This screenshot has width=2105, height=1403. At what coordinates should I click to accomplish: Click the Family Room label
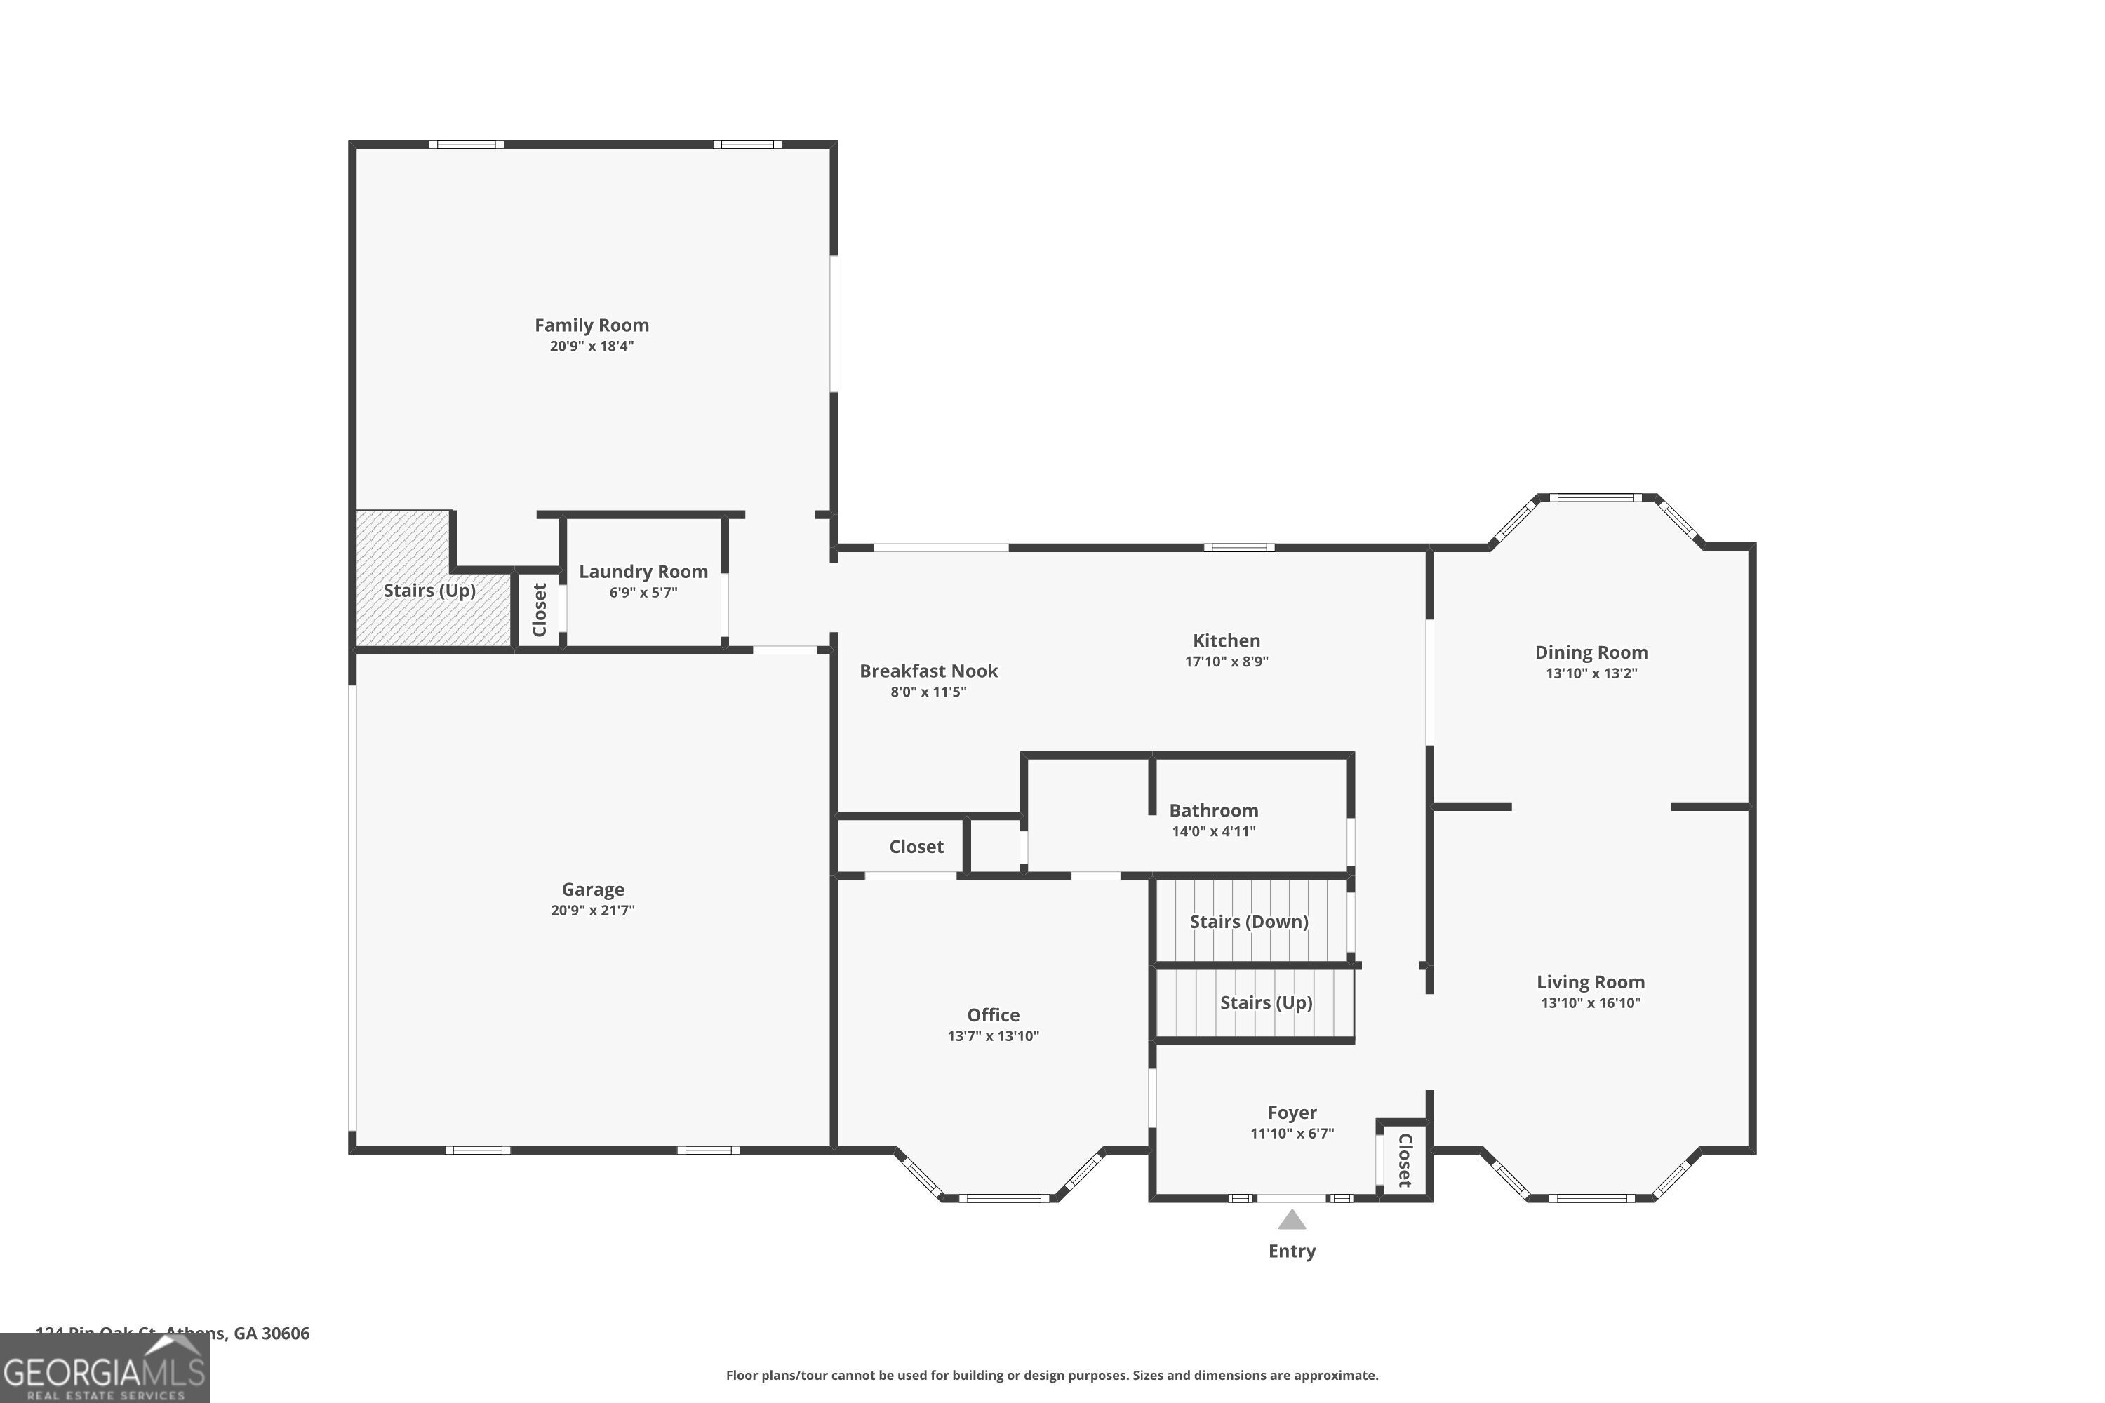point(592,325)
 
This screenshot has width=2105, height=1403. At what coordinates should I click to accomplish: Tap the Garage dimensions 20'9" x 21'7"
point(592,910)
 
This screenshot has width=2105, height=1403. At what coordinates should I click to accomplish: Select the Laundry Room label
point(643,572)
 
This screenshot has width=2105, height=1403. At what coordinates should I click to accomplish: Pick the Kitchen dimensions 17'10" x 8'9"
point(1226,662)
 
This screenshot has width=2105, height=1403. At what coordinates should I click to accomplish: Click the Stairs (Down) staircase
point(1250,922)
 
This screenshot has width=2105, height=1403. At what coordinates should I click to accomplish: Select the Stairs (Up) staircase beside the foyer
point(1266,1002)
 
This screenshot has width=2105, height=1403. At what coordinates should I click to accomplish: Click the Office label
point(993,1014)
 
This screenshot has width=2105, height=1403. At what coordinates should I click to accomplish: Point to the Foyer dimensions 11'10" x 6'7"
point(1292,1133)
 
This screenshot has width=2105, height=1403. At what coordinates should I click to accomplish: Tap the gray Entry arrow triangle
point(1292,1221)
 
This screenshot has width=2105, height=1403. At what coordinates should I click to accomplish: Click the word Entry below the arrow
point(1292,1251)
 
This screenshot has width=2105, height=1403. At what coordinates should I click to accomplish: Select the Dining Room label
point(1591,652)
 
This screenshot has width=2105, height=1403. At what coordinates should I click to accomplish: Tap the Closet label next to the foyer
point(1404,1160)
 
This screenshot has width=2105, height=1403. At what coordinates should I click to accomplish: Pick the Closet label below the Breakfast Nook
point(916,847)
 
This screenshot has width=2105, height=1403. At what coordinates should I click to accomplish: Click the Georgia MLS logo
point(105,1369)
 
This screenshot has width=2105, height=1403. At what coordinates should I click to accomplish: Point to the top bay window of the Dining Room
point(1596,497)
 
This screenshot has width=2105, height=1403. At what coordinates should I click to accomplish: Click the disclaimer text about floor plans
point(1052,1375)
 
